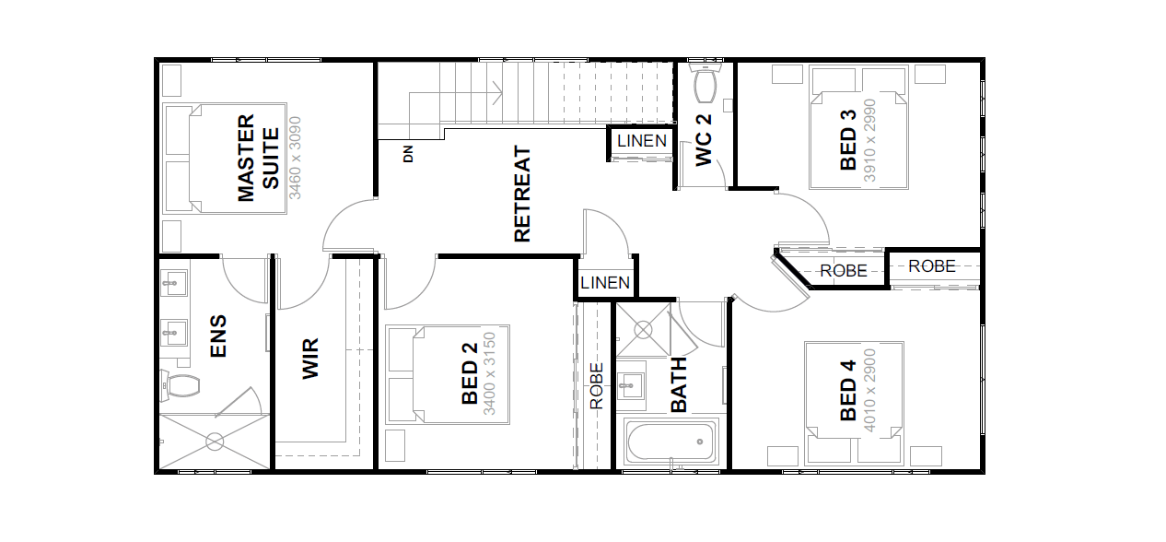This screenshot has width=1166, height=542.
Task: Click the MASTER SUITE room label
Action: coord(258,158)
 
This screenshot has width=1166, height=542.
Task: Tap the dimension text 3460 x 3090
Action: coord(295,158)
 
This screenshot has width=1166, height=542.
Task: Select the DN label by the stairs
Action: coord(408,154)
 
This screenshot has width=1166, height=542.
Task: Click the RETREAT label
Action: coord(522,194)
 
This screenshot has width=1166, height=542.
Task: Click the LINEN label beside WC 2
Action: coord(642,141)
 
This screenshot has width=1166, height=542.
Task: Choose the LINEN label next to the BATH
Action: coord(605,283)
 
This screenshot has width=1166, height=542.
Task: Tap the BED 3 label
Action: coord(848,140)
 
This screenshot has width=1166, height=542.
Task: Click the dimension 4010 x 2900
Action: coord(869,390)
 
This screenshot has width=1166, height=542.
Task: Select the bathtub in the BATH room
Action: coord(670,442)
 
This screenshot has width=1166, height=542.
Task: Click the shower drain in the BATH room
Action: coord(644,330)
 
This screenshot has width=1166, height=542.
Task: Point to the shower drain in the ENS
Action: coord(215,442)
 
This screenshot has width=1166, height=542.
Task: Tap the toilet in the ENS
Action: coord(181,385)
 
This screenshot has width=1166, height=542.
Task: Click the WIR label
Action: coord(310,359)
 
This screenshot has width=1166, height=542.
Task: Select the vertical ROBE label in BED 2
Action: coord(597,386)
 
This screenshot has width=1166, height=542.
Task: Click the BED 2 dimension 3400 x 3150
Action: coord(489,373)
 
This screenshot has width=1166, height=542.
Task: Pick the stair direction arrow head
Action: coord(497,93)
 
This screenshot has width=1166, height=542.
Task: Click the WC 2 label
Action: coord(704,141)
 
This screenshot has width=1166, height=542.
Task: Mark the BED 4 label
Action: coord(848,390)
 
